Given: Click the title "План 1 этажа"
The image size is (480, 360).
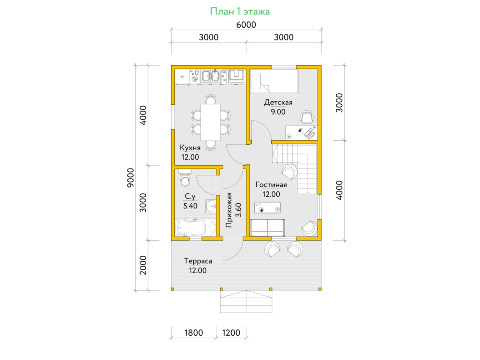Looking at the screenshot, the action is (x=240, y=11).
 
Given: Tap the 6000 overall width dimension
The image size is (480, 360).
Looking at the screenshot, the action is (x=246, y=25).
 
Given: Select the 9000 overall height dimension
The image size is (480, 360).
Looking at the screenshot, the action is (x=130, y=178).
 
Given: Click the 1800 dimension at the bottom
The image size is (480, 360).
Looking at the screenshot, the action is (x=194, y=333).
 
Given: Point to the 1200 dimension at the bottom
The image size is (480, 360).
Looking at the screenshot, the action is (x=231, y=333).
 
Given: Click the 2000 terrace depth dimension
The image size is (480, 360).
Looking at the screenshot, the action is (x=143, y=265).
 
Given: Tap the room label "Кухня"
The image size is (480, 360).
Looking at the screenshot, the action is (x=190, y=148).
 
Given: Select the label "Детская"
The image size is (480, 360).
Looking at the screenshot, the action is (x=278, y=102).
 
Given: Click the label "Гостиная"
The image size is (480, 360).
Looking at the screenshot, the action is (x=271, y=185).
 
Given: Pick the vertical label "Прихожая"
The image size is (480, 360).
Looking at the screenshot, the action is (x=228, y=210).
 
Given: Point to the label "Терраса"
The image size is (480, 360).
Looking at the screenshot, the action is (x=198, y=261).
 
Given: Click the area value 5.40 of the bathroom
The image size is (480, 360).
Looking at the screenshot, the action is (x=190, y=206).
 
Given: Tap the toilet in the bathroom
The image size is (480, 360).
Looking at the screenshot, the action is (x=185, y=178).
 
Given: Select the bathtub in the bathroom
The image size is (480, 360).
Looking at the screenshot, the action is (x=196, y=227).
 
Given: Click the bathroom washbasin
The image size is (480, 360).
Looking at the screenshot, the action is (x=211, y=206).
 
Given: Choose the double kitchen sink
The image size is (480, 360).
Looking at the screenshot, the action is (x=210, y=76).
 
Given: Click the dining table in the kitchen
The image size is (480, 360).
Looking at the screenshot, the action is (x=210, y=122).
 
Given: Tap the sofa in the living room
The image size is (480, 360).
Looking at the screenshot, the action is (x=268, y=228).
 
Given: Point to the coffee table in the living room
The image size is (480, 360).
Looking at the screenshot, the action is (x=267, y=208).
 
